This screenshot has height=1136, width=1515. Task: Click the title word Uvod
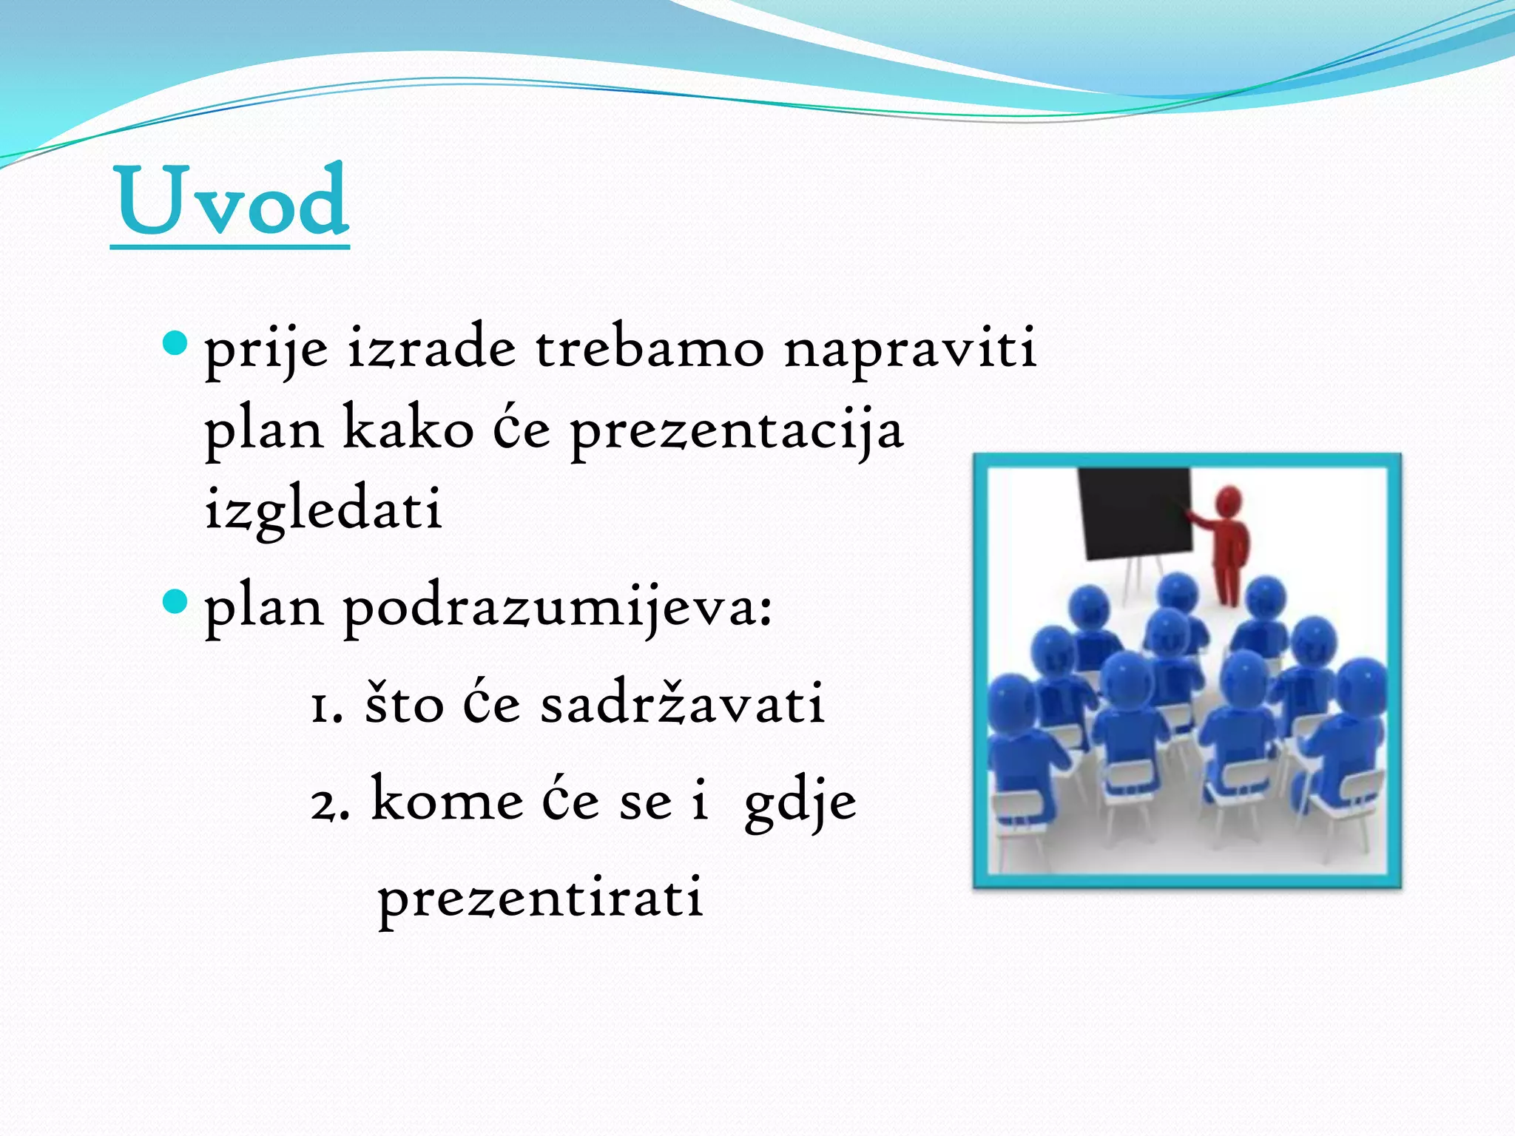(x=232, y=201)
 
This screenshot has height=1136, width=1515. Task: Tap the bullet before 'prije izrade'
(x=175, y=343)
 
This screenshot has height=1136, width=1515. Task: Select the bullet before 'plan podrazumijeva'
(x=175, y=601)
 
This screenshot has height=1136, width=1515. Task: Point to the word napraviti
(x=910, y=349)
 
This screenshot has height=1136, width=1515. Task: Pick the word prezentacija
(x=737, y=430)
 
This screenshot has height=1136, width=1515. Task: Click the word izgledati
(x=323, y=510)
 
